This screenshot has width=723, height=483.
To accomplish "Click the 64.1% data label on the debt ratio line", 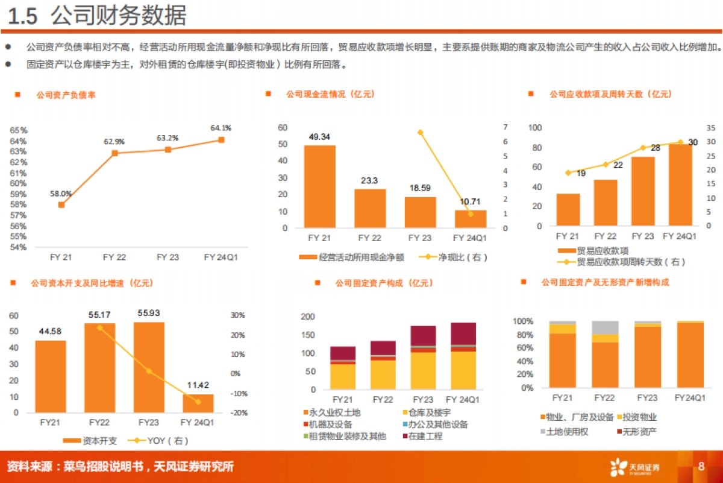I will (221, 128).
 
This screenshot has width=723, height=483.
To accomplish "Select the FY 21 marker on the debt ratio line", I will (61, 204).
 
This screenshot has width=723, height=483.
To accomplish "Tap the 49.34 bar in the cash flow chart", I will (319, 186).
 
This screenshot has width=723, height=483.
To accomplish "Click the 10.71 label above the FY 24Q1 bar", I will (471, 201).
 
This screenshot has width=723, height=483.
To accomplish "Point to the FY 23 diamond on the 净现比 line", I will (421, 132).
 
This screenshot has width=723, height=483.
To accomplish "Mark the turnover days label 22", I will (618, 165).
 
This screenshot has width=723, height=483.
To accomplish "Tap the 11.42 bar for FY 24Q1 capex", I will (198, 403).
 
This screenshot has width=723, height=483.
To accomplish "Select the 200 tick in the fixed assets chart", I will (308, 317).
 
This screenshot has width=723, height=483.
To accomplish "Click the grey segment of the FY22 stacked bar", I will (605, 327).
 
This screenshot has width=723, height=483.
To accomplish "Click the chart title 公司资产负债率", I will (65, 95).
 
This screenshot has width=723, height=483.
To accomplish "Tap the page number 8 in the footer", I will (701, 466).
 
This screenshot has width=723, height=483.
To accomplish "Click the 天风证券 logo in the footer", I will (635, 467).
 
